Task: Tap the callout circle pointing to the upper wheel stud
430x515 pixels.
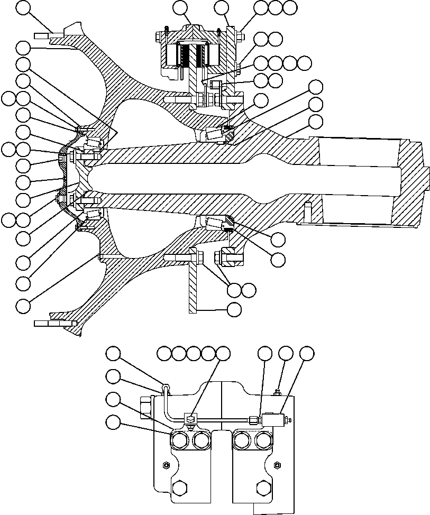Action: click(x=23, y=7)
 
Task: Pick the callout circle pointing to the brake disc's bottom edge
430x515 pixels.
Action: click(x=234, y=309)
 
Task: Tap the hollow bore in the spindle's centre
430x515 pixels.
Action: click(x=238, y=180)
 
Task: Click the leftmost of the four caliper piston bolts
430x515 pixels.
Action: click(x=179, y=440)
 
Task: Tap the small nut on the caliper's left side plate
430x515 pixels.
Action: click(x=165, y=465)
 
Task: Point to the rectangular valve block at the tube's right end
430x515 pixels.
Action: click(x=277, y=420)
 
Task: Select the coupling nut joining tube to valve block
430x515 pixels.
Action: click(x=254, y=420)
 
